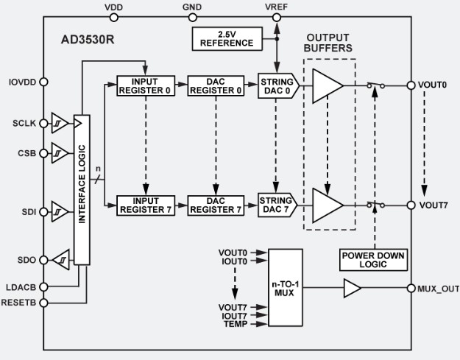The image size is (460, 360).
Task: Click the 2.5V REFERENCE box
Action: click(x=226, y=38)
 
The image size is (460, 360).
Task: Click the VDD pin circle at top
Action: click(x=114, y=18)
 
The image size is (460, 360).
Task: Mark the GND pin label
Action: click(x=191, y=7)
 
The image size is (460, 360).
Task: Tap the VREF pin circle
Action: click(x=276, y=18)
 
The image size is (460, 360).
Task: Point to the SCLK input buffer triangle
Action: click(x=59, y=123)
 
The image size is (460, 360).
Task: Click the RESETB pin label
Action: click(x=20, y=302)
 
